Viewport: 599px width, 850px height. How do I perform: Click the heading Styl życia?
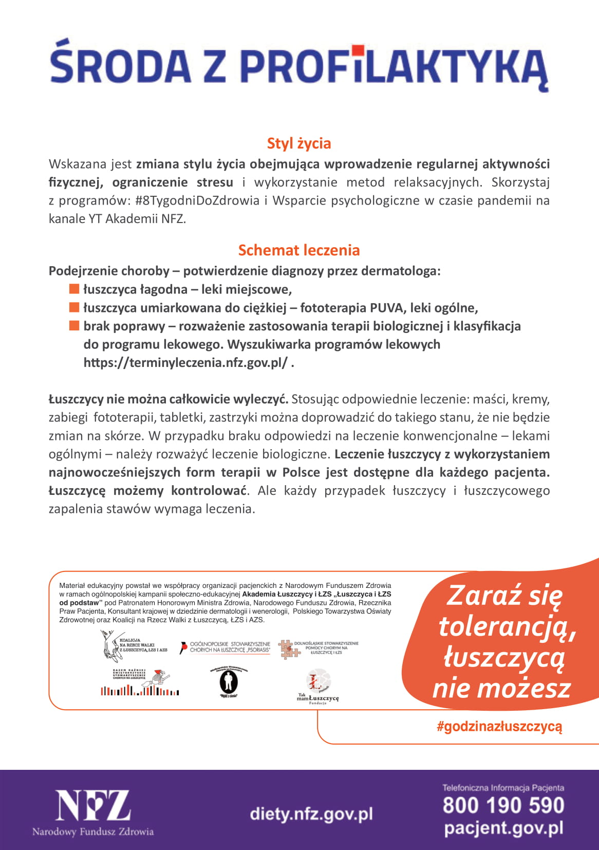click(298, 143)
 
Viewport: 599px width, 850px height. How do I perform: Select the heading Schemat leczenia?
click(298, 250)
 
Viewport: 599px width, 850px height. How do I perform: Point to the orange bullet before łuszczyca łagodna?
click(74, 289)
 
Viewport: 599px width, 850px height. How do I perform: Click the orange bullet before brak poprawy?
click(74, 326)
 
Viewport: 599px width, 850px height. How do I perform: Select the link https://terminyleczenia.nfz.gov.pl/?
click(185, 363)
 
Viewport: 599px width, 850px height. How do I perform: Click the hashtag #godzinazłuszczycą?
click(499, 726)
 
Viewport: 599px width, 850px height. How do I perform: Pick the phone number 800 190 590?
click(503, 805)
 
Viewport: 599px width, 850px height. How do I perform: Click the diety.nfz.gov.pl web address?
click(311, 814)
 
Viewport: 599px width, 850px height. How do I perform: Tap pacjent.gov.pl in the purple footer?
click(503, 828)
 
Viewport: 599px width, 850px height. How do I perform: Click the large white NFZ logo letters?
click(93, 806)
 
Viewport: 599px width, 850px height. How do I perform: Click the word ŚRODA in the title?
click(121, 66)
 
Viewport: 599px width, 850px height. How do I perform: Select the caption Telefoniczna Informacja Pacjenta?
click(503, 788)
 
